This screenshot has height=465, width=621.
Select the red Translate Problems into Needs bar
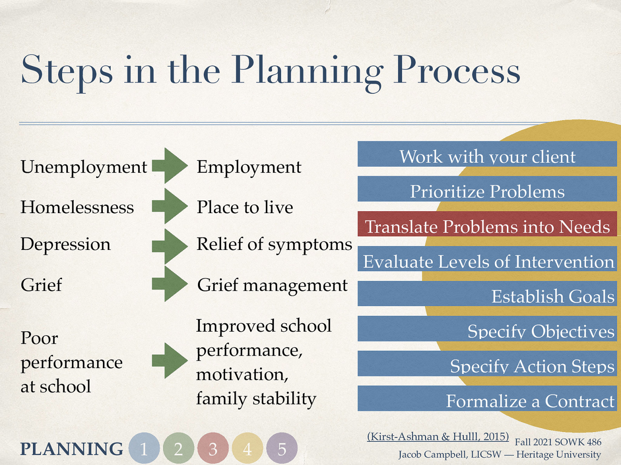click(x=487, y=224)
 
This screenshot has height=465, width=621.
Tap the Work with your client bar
click(x=487, y=154)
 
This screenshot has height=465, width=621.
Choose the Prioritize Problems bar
click(x=487, y=189)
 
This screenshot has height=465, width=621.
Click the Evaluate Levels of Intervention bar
click(x=487, y=259)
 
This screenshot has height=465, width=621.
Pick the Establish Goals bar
click(x=487, y=294)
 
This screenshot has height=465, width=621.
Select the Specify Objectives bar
click(x=487, y=329)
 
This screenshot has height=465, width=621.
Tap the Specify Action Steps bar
click(x=487, y=363)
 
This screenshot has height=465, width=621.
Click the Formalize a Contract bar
click(x=487, y=398)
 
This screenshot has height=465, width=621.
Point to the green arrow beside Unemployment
click(x=170, y=166)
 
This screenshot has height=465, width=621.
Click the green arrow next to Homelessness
click(x=170, y=206)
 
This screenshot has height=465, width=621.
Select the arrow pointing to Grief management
click(x=170, y=284)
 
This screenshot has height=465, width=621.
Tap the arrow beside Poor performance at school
click(x=170, y=360)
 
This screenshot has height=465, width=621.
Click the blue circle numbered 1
click(x=144, y=448)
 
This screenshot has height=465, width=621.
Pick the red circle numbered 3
click(x=213, y=448)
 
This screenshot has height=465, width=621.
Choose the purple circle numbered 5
click(x=282, y=448)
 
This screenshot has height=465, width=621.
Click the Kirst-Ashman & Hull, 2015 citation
click(x=438, y=437)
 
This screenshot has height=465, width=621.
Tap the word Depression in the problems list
click(x=66, y=245)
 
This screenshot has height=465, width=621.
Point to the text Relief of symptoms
click(x=274, y=245)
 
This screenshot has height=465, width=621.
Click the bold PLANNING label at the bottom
click(x=72, y=449)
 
